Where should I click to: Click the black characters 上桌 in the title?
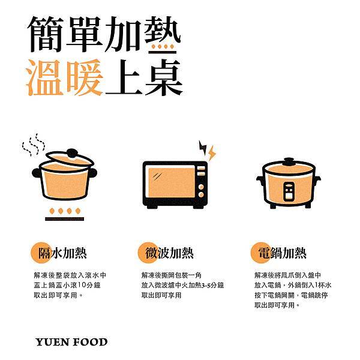coord(144,79)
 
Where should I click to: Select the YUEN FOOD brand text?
coord(71,343)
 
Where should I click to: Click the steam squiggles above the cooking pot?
coord(33,144)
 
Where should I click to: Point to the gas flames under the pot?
coord(64,211)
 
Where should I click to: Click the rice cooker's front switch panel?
coord(289,191)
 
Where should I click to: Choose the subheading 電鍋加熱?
coord(279,253)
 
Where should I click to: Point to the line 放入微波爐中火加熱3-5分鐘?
coord(182,284)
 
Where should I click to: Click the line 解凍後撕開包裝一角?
coord(170,274)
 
